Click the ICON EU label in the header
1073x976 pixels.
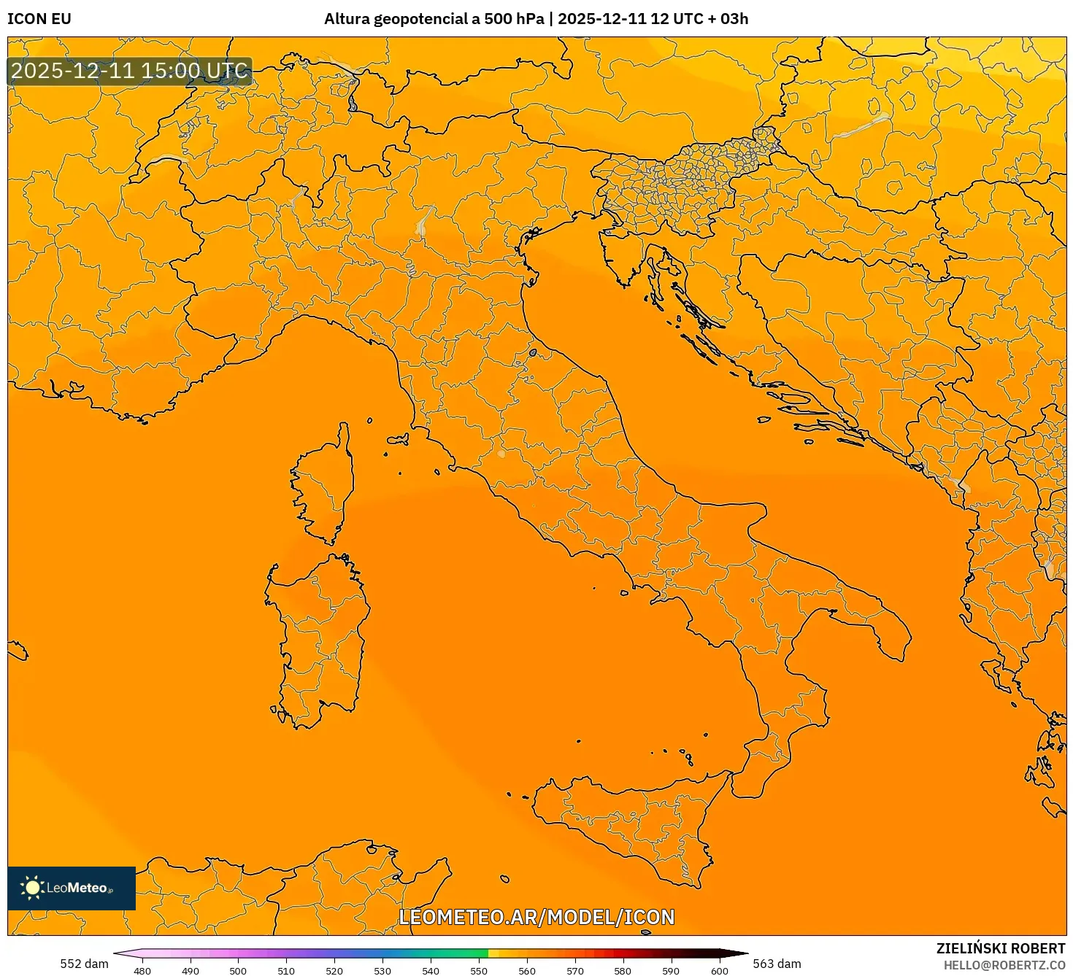click(x=39, y=19)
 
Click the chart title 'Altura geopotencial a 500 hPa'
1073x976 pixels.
click(x=434, y=19)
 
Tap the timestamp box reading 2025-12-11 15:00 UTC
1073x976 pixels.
click(x=130, y=71)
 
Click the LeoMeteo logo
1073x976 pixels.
click(x=72, y=888)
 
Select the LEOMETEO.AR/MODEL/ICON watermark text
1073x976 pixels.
click(x=536, y=917)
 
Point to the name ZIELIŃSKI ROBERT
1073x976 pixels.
click(x=1001, y=948)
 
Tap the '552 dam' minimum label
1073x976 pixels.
click(x=84, y=964)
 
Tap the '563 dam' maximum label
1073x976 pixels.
click(x=777, y=964)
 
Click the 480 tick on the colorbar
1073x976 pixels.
click(x=142, y=971)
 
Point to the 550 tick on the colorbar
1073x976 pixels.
click(x=479, y=971)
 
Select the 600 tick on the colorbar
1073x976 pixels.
click(x=719, y=971)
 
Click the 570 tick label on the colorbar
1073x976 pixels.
click(x=575, y=971)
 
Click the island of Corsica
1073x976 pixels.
click(x=326, y=481)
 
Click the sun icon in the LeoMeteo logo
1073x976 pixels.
click(x=32, y=888)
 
